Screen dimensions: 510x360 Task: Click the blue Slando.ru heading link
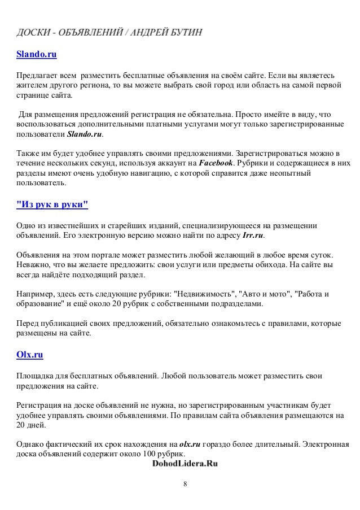pyautogui.click(x=36, y=55)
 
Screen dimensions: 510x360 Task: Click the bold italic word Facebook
pyautogui.click(x=217, y=163)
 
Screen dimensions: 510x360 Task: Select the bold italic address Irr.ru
pyautogui.click(x=253, y=235)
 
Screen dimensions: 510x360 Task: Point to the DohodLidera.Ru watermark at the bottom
pyautogui.click(x=184, y=464)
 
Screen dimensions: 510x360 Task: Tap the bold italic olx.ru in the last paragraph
pyautogui.click(x=190, y=444)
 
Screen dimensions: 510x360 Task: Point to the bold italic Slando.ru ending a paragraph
pyautogui.click(x=85, y=136)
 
